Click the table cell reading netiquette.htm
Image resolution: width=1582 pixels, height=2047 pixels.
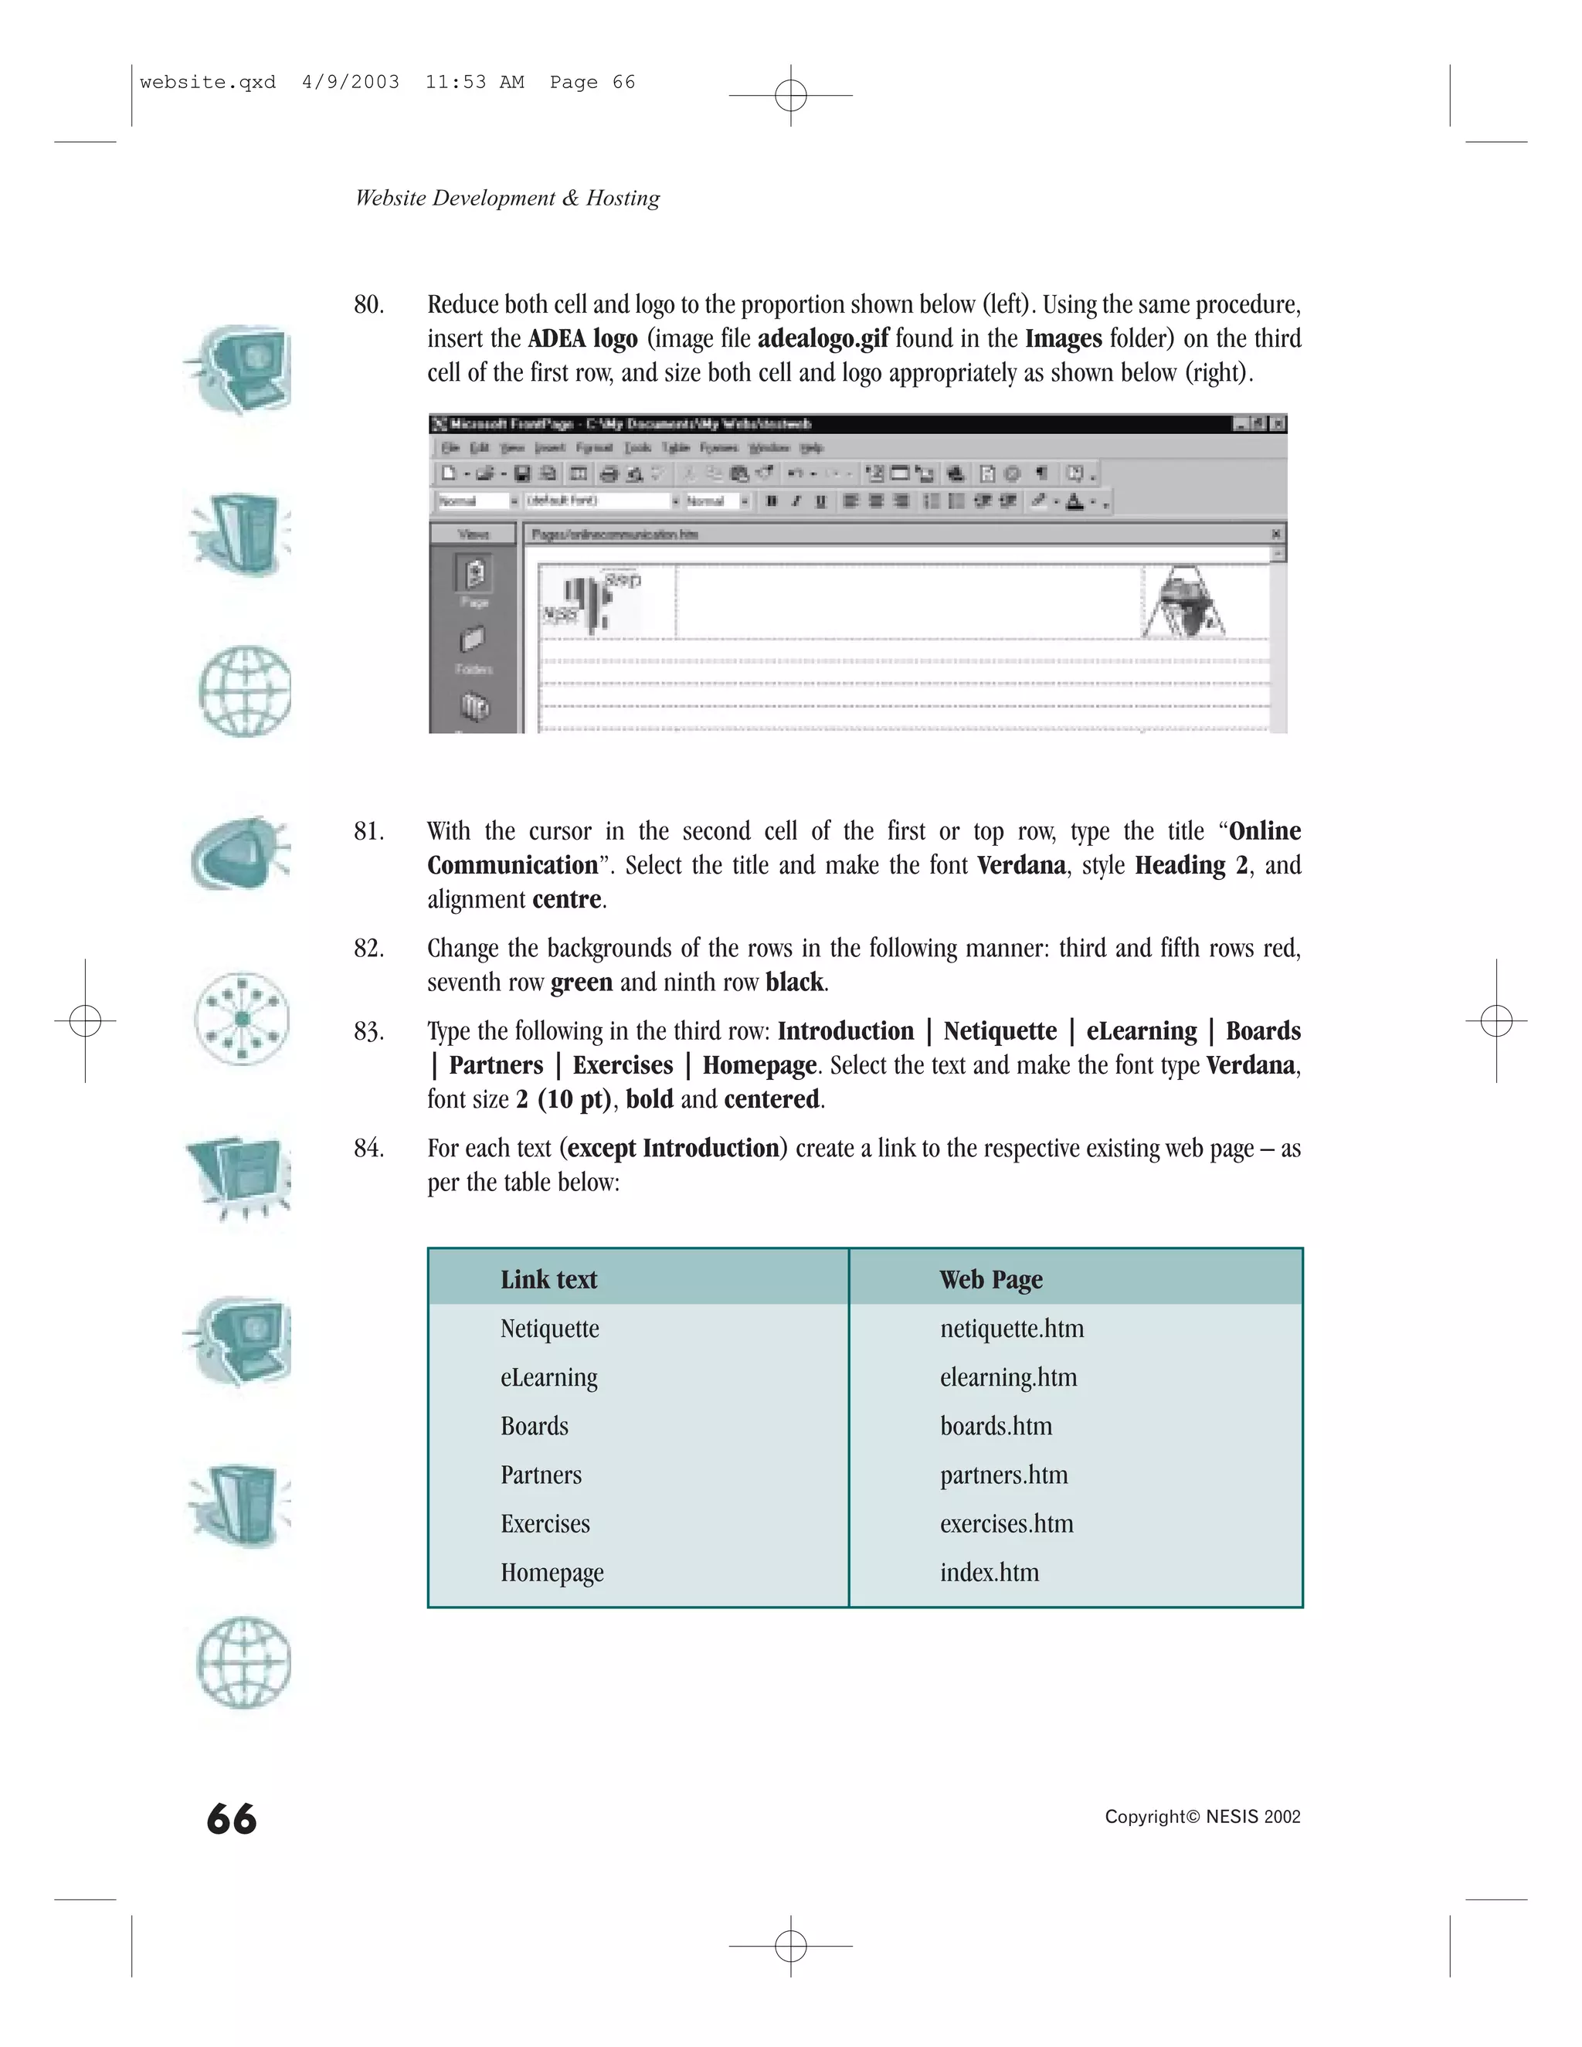[x=1011, y=1329]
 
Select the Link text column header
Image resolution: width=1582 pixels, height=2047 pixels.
[x=548, y=1279]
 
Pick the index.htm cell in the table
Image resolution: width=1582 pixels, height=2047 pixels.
[x=989, y=1573]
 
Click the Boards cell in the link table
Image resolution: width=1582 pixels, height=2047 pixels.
[x=535, y=1427]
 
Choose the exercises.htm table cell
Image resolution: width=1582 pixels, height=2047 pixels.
[x=1007, y=1524]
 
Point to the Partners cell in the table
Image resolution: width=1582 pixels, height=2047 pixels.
[x=541, y=1475]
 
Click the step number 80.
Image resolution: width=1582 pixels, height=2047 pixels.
[x=368, y=304]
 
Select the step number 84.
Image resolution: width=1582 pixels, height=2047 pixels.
[x=368, y=1148]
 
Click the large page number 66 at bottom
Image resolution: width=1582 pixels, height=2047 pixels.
[x=232, y=1819]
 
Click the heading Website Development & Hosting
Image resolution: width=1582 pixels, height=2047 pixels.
[x=507, y=198]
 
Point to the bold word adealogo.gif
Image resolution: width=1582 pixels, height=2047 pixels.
[x=822, y=338]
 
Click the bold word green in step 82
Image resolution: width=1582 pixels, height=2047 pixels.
[x=581, y=983]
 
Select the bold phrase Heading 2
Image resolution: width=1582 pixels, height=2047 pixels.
[x=1190, y=865]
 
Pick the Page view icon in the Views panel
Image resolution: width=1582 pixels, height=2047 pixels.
[x=474, y=574]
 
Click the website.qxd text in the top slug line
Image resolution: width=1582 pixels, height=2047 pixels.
[x=207, y=83]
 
